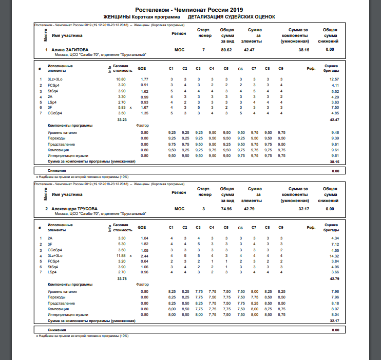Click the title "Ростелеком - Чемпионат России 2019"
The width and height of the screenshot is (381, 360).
coord(189,10)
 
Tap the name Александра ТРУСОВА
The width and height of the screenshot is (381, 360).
coord(70,209)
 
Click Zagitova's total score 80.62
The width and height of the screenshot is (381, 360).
coord(226,50)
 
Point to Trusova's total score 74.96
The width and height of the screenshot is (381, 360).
coord(226,209)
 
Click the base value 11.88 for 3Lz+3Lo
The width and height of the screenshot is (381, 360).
coord(121,255)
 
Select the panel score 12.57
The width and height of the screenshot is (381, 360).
coord(334,79)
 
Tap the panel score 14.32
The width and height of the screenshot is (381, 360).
coord(334,255)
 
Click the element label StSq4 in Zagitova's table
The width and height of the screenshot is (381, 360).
coord(53,91)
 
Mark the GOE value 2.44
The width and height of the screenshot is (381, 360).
coord(144,255)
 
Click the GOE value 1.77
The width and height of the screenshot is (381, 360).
coord(144,79)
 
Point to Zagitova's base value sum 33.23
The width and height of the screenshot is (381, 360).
coord(121,119)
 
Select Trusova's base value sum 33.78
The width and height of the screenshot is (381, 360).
coord(121,278)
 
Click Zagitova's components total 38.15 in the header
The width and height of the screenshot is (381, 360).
coord(304,50)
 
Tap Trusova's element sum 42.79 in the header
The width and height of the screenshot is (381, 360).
coord(250,209)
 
